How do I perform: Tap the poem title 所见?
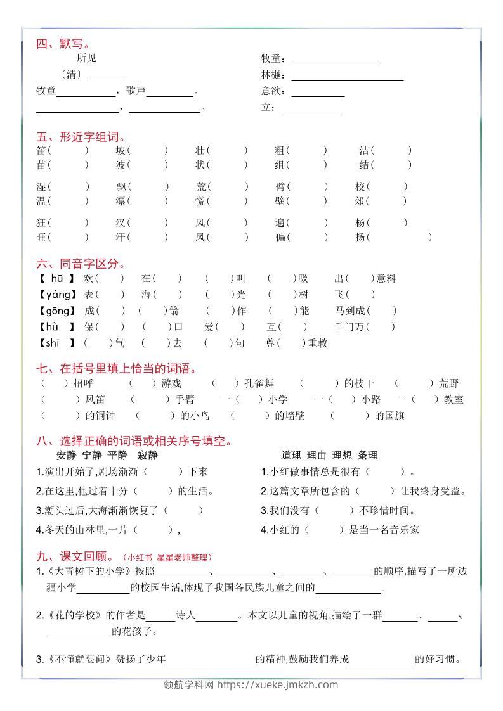tap(86, 58)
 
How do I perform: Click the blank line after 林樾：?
tap(348, 75)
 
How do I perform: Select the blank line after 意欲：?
tap(318, 91)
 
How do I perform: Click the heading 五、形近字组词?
tap(81, 137)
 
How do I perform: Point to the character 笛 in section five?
tap(42, 150)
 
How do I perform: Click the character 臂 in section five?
tap(280, 186)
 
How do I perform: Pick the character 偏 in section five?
tap(280, 237)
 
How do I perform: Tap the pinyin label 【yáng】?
tap(57, 294)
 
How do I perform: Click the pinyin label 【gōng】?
tap(57, 311)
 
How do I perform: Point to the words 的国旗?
tap(389, 415)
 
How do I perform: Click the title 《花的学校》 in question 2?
tap(69, 615)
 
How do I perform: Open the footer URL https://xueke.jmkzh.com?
tap(278, 684)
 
